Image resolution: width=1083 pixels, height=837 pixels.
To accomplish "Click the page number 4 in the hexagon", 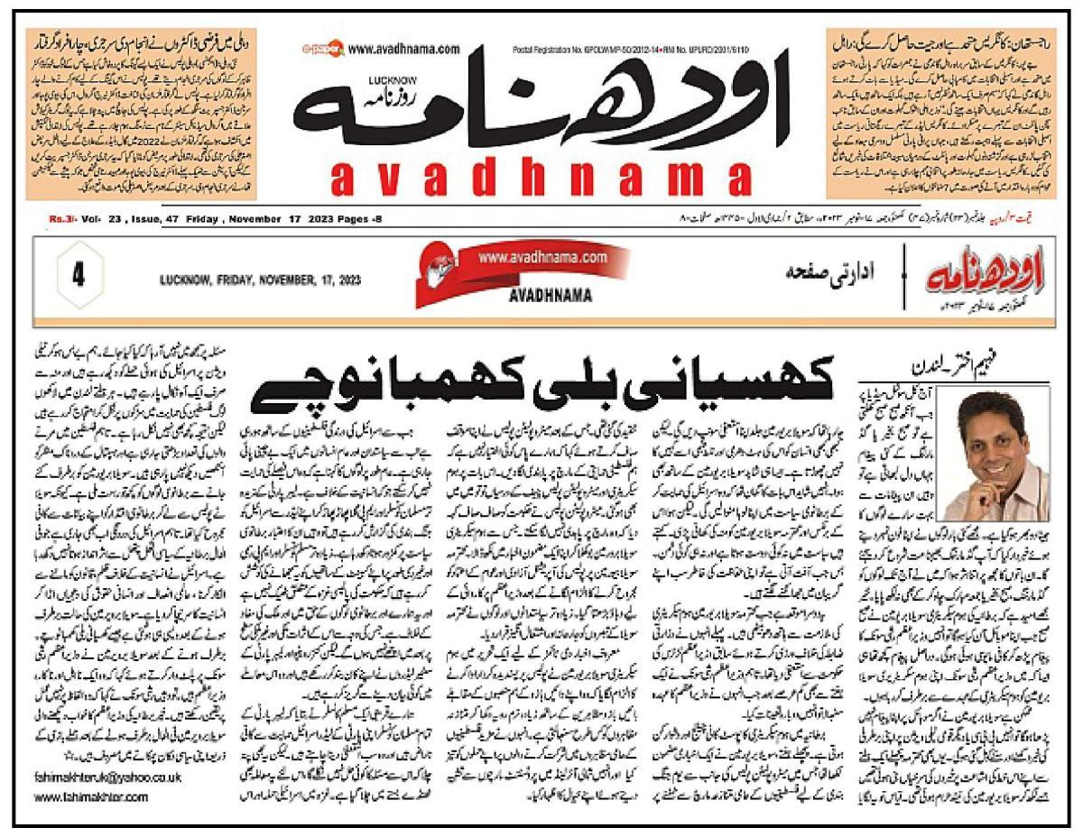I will pos(77,277).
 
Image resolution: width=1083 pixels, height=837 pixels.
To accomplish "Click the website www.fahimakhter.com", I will pos(91,796).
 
